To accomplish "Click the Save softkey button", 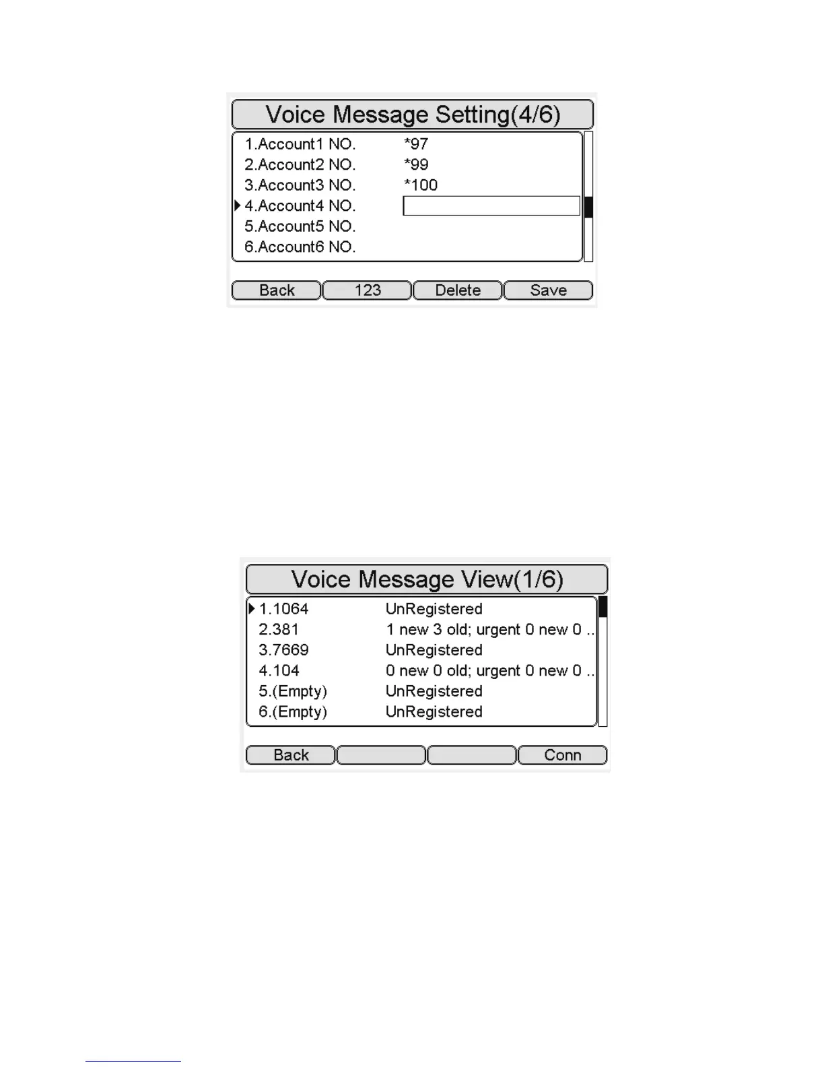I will [548, 290].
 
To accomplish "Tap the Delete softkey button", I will [458, 290].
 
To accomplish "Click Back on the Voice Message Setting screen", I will [277, 290].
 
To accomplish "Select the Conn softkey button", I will [562, 755].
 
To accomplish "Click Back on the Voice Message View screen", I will [291, 755].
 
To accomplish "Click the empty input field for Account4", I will [491, 206].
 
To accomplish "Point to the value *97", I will [416, 144].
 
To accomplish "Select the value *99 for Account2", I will [416, 165].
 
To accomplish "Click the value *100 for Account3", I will [421, 185].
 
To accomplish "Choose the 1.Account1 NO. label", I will [300, 144].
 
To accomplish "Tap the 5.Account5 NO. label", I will [300, 226].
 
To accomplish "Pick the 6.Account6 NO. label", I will [300, 247].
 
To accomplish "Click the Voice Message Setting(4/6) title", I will [413, 115].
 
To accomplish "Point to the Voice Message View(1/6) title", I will [427, 579].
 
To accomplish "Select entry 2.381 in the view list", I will [279, 630].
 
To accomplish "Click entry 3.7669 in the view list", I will [283, 650].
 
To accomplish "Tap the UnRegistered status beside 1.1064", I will [434, 609].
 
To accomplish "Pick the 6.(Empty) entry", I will [292, 712].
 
